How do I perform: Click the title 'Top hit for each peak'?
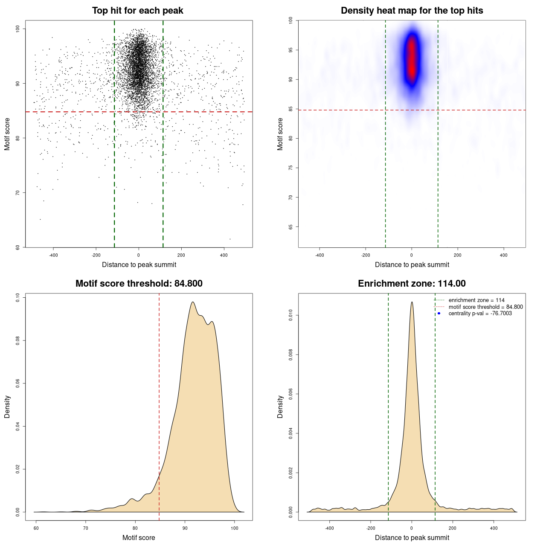coord(137,11)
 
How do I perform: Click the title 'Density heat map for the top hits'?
coord(412,11)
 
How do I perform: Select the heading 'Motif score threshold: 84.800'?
coord(139,284)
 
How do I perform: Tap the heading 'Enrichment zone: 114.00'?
coord(412,284)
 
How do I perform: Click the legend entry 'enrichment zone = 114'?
coord(476,300)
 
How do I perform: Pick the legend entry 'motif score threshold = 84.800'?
coord(485,307)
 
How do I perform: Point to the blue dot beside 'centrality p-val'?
coord(439,314)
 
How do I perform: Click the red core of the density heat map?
coord(412,58)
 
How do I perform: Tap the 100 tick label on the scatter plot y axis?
coord(18,29)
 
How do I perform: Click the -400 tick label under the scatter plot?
coord(53,256)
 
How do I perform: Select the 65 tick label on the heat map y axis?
coord(290,227)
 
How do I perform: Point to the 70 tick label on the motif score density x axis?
coord(86,529)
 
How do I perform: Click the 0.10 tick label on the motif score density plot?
coord(17,297)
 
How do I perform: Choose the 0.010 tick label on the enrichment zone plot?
coord(290,316)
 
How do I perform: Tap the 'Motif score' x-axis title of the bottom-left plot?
coord(139,537)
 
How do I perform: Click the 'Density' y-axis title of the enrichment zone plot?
coord(280,407)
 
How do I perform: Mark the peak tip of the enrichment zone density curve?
coord(412,302)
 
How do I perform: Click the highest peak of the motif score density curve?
coord(193,302)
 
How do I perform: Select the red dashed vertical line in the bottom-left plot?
coord(159,405)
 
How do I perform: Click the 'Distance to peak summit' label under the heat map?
coord(412,264)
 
